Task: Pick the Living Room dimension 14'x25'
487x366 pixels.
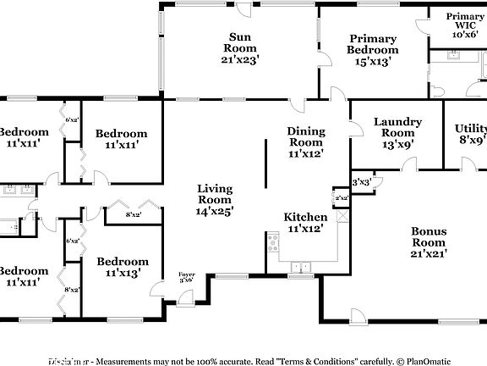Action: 214,210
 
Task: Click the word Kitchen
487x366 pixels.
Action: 305,218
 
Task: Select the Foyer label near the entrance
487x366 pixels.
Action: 186,275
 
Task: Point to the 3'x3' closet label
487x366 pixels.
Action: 361,181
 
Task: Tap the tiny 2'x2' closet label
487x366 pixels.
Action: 341,198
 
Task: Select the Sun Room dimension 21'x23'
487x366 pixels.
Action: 240,59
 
